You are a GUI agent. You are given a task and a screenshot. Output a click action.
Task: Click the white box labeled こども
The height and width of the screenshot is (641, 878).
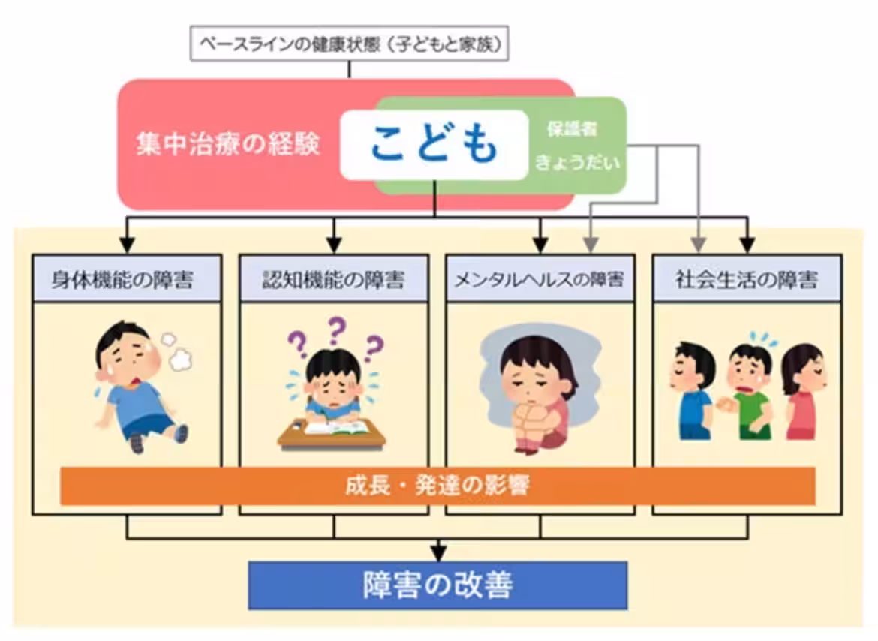(x=434, y=144)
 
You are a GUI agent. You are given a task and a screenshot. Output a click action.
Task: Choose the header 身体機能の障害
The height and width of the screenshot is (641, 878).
(x=127, y=281)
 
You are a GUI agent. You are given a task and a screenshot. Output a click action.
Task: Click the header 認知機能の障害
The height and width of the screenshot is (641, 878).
(x=334, y=281)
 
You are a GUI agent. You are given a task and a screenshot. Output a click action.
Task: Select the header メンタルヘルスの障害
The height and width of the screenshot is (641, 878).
(x=540, y=281)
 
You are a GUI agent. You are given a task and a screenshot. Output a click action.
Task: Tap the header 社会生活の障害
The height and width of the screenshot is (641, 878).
(x=747, y=281)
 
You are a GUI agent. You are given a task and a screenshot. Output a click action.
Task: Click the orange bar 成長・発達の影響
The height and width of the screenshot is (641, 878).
(x=437, y=486)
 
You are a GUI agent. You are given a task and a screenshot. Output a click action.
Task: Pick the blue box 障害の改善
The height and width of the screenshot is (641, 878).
(x=437, y=585)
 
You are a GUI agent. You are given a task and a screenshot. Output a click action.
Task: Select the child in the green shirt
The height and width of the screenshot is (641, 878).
(x=748, y=390)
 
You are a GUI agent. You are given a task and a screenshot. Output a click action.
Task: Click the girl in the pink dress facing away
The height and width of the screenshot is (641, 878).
(x=804, y=390)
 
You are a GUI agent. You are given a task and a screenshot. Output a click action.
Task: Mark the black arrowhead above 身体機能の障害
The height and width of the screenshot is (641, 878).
(x=127, y=245)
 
